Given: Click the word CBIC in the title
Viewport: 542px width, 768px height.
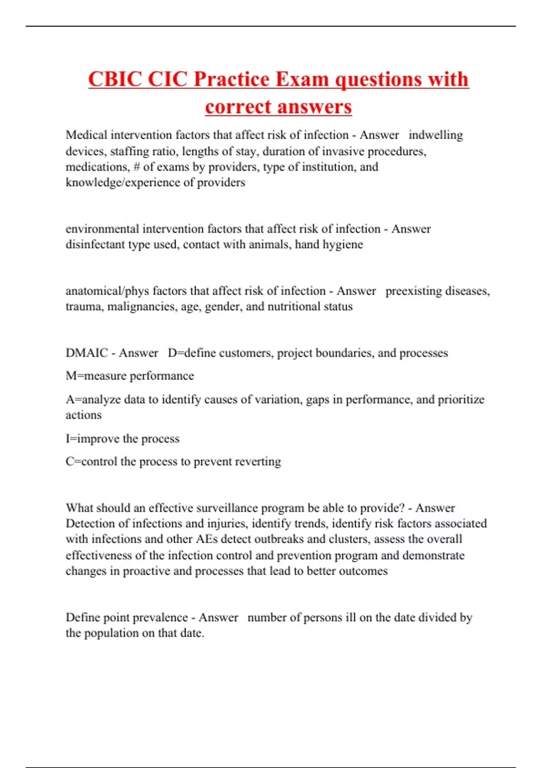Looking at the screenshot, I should click(x=115, y=80).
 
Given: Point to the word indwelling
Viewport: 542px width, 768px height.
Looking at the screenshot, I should click(x=435, y=135).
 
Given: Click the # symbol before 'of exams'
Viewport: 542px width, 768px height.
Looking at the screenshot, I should click(x=136, y=167).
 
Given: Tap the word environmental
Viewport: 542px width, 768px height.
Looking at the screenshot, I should click(x=102, y=229).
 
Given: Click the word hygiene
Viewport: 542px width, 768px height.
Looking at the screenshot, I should click(x=345, y=245).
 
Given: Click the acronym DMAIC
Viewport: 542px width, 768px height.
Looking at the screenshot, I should click(x=87, y=353).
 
